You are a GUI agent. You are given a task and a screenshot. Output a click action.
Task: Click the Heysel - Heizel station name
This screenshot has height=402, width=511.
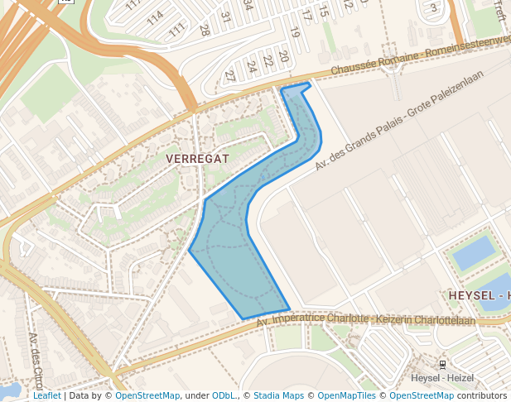[x=442, y=378]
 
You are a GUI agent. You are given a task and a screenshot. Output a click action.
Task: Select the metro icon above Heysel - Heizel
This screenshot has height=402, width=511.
[x=442, y=364]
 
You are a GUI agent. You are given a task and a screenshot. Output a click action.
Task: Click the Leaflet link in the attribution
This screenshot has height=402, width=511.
[x=47, y=395]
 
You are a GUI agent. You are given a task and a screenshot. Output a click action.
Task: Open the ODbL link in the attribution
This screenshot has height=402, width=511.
[x=223, y=395]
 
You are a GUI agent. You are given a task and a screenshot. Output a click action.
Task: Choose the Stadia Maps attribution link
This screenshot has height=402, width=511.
[x=278, y=395]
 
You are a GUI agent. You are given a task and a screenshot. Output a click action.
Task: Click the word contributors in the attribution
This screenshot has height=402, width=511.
[x=481, y=395]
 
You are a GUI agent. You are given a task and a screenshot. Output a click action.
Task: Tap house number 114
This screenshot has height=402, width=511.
[x=155, y=17]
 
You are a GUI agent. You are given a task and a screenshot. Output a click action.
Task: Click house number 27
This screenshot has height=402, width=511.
[x=230, y=75]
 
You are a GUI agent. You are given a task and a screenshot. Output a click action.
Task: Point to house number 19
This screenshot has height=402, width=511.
[x=294, y=32]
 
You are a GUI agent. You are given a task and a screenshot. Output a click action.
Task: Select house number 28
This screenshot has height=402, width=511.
[x=205, y=30]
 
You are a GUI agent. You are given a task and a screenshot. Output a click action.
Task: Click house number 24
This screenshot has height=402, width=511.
[x=252, y=66]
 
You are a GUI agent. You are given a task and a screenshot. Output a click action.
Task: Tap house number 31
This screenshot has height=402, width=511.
[x=225, y=16]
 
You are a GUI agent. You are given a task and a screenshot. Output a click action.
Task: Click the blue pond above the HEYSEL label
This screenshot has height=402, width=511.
[x=473, y=252]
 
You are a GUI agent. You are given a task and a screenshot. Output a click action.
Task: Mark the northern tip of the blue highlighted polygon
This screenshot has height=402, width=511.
[x=309, y=83]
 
